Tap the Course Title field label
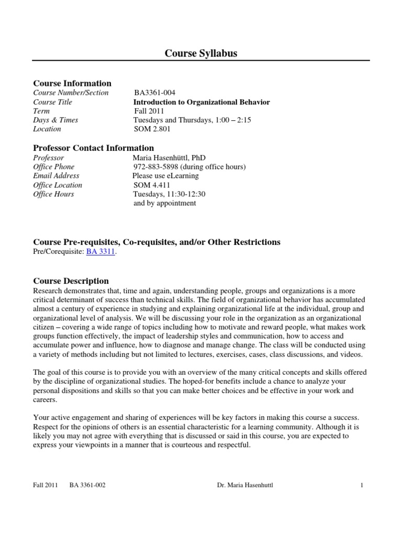point(53,102)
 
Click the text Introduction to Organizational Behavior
point(202,102)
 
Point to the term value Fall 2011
point(149,111)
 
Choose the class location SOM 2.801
point(152,129)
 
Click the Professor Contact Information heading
point(94,148)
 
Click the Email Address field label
point(56,176)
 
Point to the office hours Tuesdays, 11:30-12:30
point(170,194)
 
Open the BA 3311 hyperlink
point(100,251)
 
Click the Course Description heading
point(71,281)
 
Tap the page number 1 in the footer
point(362,485)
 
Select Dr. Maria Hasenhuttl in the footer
point(245,485)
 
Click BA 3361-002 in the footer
point(87,485)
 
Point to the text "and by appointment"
point(165,203)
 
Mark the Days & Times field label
point(55,120)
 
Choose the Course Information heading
point(72,83)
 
